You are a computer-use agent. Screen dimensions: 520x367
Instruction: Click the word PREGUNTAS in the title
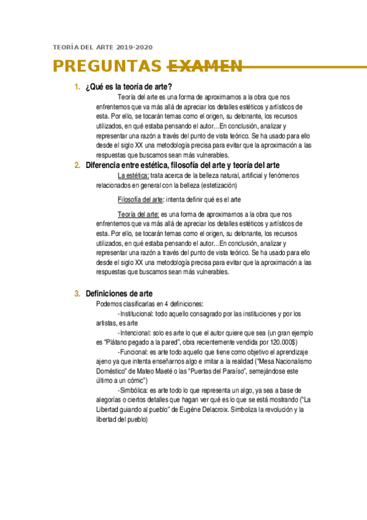pyautogui.click(x=108, y=66)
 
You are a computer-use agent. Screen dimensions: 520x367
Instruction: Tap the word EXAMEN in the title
pyautogui.click(x=205, y=66)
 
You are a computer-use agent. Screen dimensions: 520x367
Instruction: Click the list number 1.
pyautogui.click(x=77, y=87)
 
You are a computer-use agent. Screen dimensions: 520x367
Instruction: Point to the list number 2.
pyautogui.click(x=77, y=166)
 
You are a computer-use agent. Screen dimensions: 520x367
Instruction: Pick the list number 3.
pyautogui.click(x=77, y=294)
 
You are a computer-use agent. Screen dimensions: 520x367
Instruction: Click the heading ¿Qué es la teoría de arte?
pyautogui.click(x=129, y=87)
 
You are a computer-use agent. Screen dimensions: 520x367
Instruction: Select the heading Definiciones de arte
pyautogui.click(x=119, y=294)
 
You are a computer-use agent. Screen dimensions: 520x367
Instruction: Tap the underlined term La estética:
pyautogui.click(x=133, y=176)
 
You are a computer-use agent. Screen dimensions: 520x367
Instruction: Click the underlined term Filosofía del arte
pyautogui.click(x=140, y=199)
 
